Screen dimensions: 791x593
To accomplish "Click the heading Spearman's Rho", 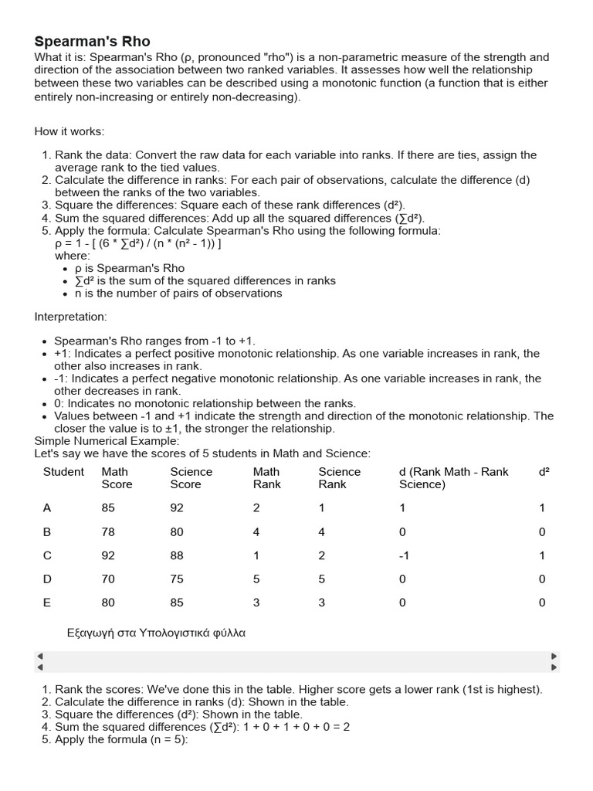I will click(x=92, y=41).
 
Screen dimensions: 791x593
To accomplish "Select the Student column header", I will click(x=63, y=471).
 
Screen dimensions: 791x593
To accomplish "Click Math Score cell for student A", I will click(x=108, y=508).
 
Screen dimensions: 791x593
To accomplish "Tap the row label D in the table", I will click(x=47, y=579).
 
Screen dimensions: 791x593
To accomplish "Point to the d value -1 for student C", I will click(x=402, y=555).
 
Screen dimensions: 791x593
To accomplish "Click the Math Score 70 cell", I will click(x=108, y=579).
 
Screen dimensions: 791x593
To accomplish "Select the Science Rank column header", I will click(x=339, y=477).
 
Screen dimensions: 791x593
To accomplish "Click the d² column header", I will click(x=544, y=471).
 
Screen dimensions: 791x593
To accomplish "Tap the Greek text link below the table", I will click(x=157, y=632).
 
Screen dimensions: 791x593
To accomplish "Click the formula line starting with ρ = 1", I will click(x=138, y=243).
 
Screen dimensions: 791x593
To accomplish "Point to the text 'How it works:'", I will click(x=69, y=131).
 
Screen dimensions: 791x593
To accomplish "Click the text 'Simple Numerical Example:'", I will click(x=107, y=440).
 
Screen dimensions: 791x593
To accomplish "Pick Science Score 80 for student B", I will click(x=177, y=531).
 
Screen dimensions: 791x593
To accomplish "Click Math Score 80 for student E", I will click(x=108, y=603).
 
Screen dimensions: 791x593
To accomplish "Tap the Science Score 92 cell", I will click(x=177, y=508).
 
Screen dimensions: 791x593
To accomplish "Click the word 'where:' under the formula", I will click(x=73, y=256).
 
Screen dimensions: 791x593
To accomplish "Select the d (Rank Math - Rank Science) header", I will click(x=453, y=477).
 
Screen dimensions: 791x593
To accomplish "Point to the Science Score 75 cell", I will click(x=177, y=579).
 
